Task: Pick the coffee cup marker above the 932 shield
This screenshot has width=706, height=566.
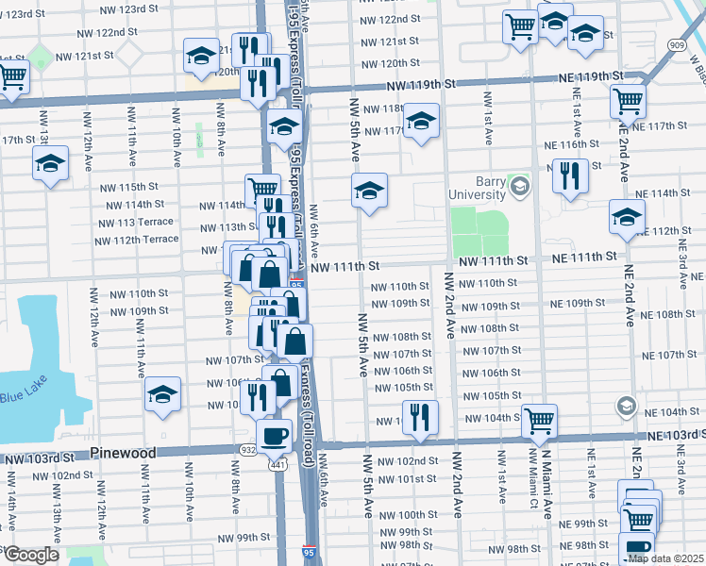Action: pos(275,435)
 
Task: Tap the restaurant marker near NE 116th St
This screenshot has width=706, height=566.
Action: pos(570,175)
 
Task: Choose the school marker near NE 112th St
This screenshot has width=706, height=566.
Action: pos(627,216)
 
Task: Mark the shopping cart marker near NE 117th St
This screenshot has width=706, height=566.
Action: pos(627,99)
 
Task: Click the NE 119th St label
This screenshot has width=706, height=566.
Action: pos(591,75)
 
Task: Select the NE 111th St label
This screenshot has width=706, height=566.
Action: pos(584,257)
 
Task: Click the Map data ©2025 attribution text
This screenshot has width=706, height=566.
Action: pos(664,558)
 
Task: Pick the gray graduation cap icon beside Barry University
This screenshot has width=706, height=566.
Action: pos(518,187)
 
